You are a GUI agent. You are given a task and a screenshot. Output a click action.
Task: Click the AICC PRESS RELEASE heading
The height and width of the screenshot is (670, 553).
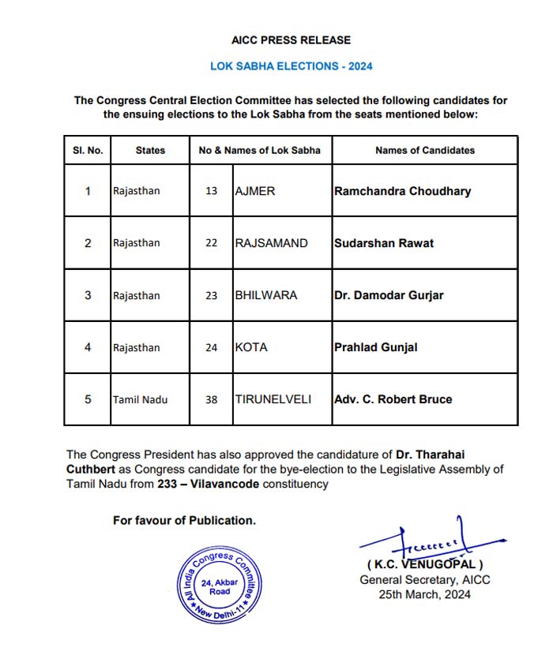[291, 40]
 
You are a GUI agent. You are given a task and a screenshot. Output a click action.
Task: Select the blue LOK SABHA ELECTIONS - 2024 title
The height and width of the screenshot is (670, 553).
[291, 66]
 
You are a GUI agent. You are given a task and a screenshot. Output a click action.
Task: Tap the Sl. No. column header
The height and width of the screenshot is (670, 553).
[88, 150]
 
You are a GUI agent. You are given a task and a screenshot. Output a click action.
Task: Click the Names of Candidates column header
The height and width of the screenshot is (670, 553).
[424, 150]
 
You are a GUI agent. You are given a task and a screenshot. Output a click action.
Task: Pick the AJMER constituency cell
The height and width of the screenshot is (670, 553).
[255, 191]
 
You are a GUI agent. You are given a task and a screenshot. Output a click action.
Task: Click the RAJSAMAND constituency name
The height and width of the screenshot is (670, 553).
[271, 243]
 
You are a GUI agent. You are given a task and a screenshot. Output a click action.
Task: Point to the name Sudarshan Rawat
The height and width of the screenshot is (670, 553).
[384, 243]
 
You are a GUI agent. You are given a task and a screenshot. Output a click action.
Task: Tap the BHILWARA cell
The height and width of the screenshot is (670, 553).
[265, 295]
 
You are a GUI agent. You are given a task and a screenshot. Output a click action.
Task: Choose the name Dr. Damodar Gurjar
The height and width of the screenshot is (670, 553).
[389, 295]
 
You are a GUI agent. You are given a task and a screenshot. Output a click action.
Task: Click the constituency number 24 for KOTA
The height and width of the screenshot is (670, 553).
[211, 347]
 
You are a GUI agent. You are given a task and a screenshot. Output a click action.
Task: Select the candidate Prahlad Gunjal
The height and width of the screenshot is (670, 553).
[376, 347]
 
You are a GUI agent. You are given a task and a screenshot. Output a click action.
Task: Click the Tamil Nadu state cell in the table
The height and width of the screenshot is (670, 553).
[140, 399]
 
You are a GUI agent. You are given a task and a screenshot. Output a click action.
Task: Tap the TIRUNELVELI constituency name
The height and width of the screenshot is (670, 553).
[273, 399]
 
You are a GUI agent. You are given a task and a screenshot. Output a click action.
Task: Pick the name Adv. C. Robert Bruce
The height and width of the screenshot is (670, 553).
[393, 399]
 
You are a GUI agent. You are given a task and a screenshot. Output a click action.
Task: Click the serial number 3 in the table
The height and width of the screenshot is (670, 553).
[88, 295]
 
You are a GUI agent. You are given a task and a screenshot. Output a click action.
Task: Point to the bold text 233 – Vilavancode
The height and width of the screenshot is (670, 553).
[218, 484]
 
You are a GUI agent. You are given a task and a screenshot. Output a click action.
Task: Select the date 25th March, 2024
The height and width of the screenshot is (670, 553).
[425, 594]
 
